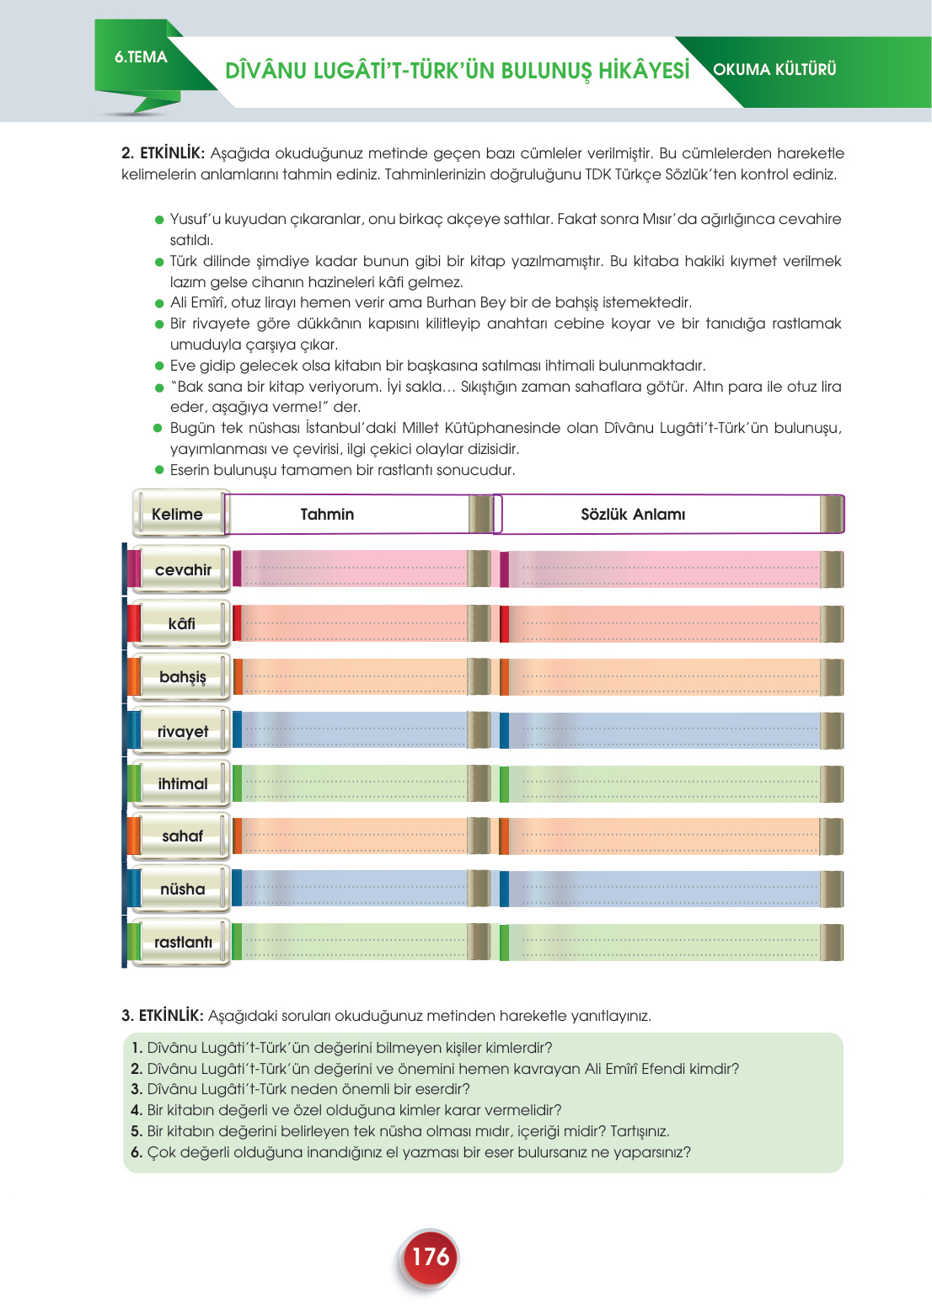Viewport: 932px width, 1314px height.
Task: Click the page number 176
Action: click(430, 1257)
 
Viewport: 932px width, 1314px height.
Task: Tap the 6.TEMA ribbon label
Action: click(141, 57)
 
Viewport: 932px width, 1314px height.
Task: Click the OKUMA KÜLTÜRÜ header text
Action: click(774, 70)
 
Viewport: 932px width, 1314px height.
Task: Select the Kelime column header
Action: click(177, 514)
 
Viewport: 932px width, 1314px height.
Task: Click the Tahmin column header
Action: click(327, 514)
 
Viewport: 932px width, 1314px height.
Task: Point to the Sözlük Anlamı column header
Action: click(633, 514)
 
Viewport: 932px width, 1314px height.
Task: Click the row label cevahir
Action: click(182, 570)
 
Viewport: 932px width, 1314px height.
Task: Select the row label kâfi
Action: click(181, 624)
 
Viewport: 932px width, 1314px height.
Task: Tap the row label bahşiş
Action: click(182, 677)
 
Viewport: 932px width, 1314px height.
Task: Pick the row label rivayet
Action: click(182, 731)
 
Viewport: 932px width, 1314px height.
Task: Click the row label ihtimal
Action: click(182, 784)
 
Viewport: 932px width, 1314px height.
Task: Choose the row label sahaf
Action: click(182, 836)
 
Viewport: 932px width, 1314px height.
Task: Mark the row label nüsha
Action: click(182, 889)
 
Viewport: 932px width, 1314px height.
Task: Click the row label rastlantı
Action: click(182, 943)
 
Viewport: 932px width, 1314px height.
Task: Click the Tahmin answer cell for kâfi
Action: click(354, 624)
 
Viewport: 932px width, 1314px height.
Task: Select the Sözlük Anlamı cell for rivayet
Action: click(666, 731)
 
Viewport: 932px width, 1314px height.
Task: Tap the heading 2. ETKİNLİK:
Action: click(163, 153)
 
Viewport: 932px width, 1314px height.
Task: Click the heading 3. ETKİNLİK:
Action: click(162, 1016)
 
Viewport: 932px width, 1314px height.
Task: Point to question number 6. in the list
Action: click(137, 1152)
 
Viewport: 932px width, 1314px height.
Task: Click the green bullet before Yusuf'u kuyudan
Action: click(158, 220)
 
